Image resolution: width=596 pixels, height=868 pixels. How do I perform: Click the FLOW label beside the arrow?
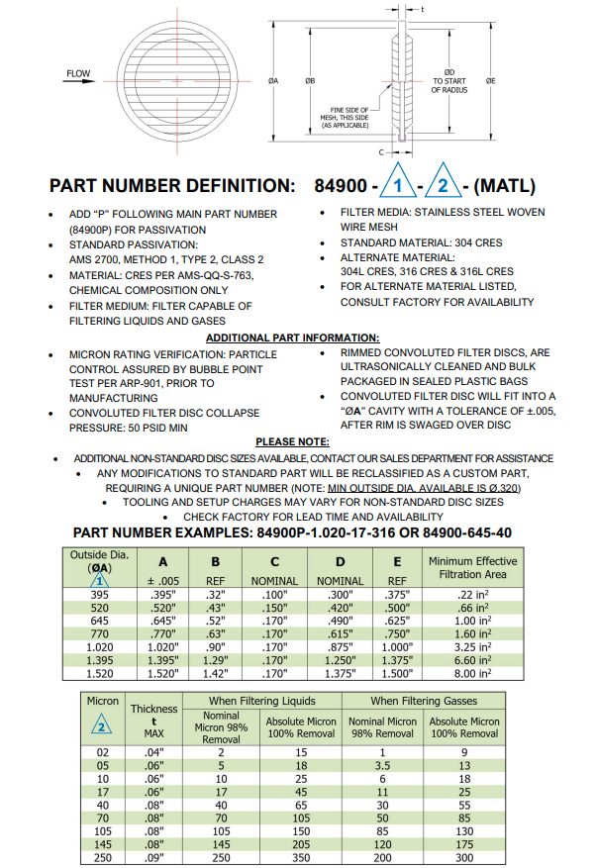pyautogui.click(x=78, y=73)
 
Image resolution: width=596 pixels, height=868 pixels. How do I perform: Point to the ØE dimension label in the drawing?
pyautogui.click(x=490, y=79)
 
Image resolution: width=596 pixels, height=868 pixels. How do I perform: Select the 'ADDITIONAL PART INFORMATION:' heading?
pyautogui.click(x=292, y=338)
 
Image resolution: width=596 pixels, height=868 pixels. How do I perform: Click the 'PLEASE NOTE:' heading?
pyautogui.click(x=292, y=441)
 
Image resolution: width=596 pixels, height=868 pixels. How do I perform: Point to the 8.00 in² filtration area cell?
pyautogui.click(x=472, y=673)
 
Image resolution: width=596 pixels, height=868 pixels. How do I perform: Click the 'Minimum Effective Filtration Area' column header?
pyautogui.click(x=471, y=568)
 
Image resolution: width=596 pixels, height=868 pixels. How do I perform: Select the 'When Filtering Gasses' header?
pyautogui.click(x=423, y=701)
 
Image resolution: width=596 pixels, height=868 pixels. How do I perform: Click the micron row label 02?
pyautogui.click(x=102, y=751)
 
